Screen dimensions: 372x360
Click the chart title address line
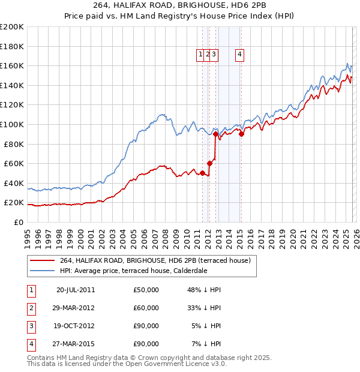(179, 5)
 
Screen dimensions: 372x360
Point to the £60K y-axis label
(13, 163)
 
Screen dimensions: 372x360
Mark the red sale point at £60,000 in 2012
(209, 163)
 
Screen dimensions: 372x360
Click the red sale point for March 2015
(241, 134)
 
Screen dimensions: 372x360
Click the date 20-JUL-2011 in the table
(75, 290)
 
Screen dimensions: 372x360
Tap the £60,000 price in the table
(146, 308)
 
